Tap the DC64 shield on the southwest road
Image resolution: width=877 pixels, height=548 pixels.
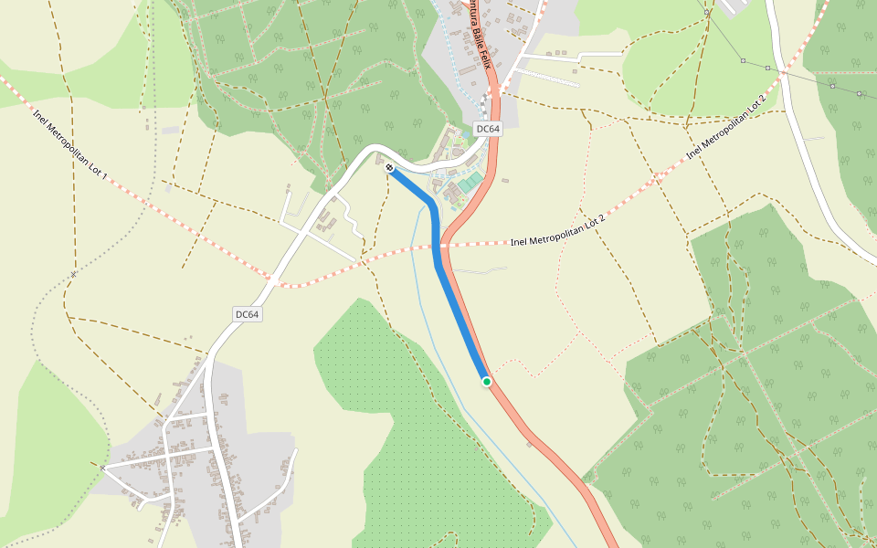pyautogui.click(x=247, y=314)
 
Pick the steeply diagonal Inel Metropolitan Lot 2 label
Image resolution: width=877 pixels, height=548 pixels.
pyautogui.click(x=725, y=125)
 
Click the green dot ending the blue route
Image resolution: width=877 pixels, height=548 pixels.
pyautogui.click(x=487, y=382)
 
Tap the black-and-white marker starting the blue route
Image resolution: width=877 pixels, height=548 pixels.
pyautogui.click(x=390, y=168)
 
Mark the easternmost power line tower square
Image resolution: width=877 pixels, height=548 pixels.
pyautogui.click(x=860, y=93)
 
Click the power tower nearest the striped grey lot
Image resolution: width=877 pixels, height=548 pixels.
pyautogui.click(x=744, y=61)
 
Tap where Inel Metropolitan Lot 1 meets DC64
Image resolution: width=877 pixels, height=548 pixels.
pyautogui.click(x=272, y=279)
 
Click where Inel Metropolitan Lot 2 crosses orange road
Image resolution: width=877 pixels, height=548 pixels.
pyautogui.click(x=445, y=245)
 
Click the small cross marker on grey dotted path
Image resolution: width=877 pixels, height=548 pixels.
pyautogui.click(x=73, y=273)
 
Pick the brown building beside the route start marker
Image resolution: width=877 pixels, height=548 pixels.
pyautogui.click(x=380, y=160)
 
